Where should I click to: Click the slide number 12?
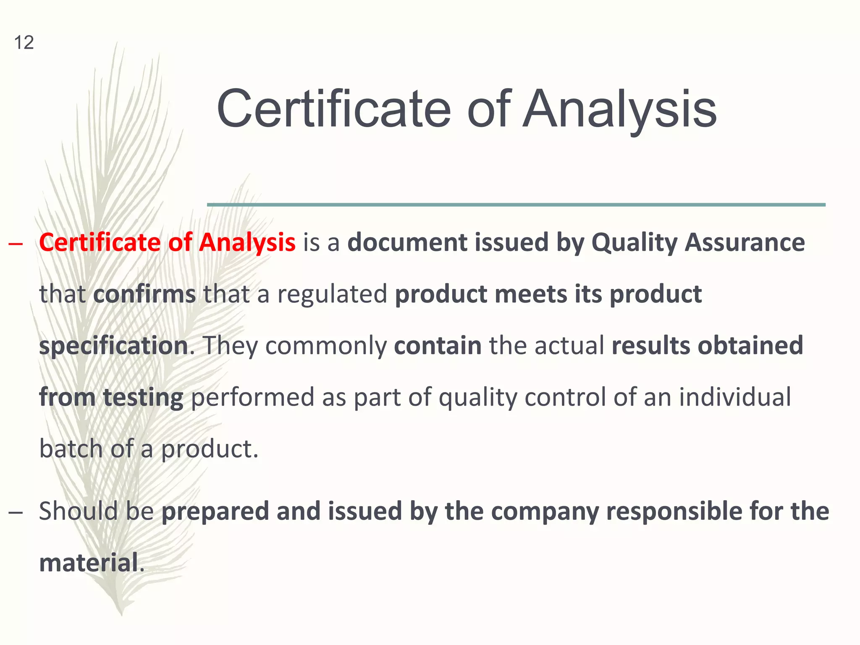[24, 43]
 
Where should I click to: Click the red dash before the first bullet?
[16, 244]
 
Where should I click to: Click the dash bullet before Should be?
[16, 513]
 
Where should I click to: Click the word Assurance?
[745, 243]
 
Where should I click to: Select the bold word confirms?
[144, 294]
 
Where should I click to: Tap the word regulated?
[332, 294]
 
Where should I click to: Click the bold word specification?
[113, 346]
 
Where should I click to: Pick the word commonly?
[326, 346]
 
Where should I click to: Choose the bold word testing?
[143, 398]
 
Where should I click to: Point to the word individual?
[735, 397]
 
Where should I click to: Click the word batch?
[71, 448]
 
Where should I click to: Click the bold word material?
[89, 563]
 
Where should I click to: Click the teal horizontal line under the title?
[516, 205]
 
